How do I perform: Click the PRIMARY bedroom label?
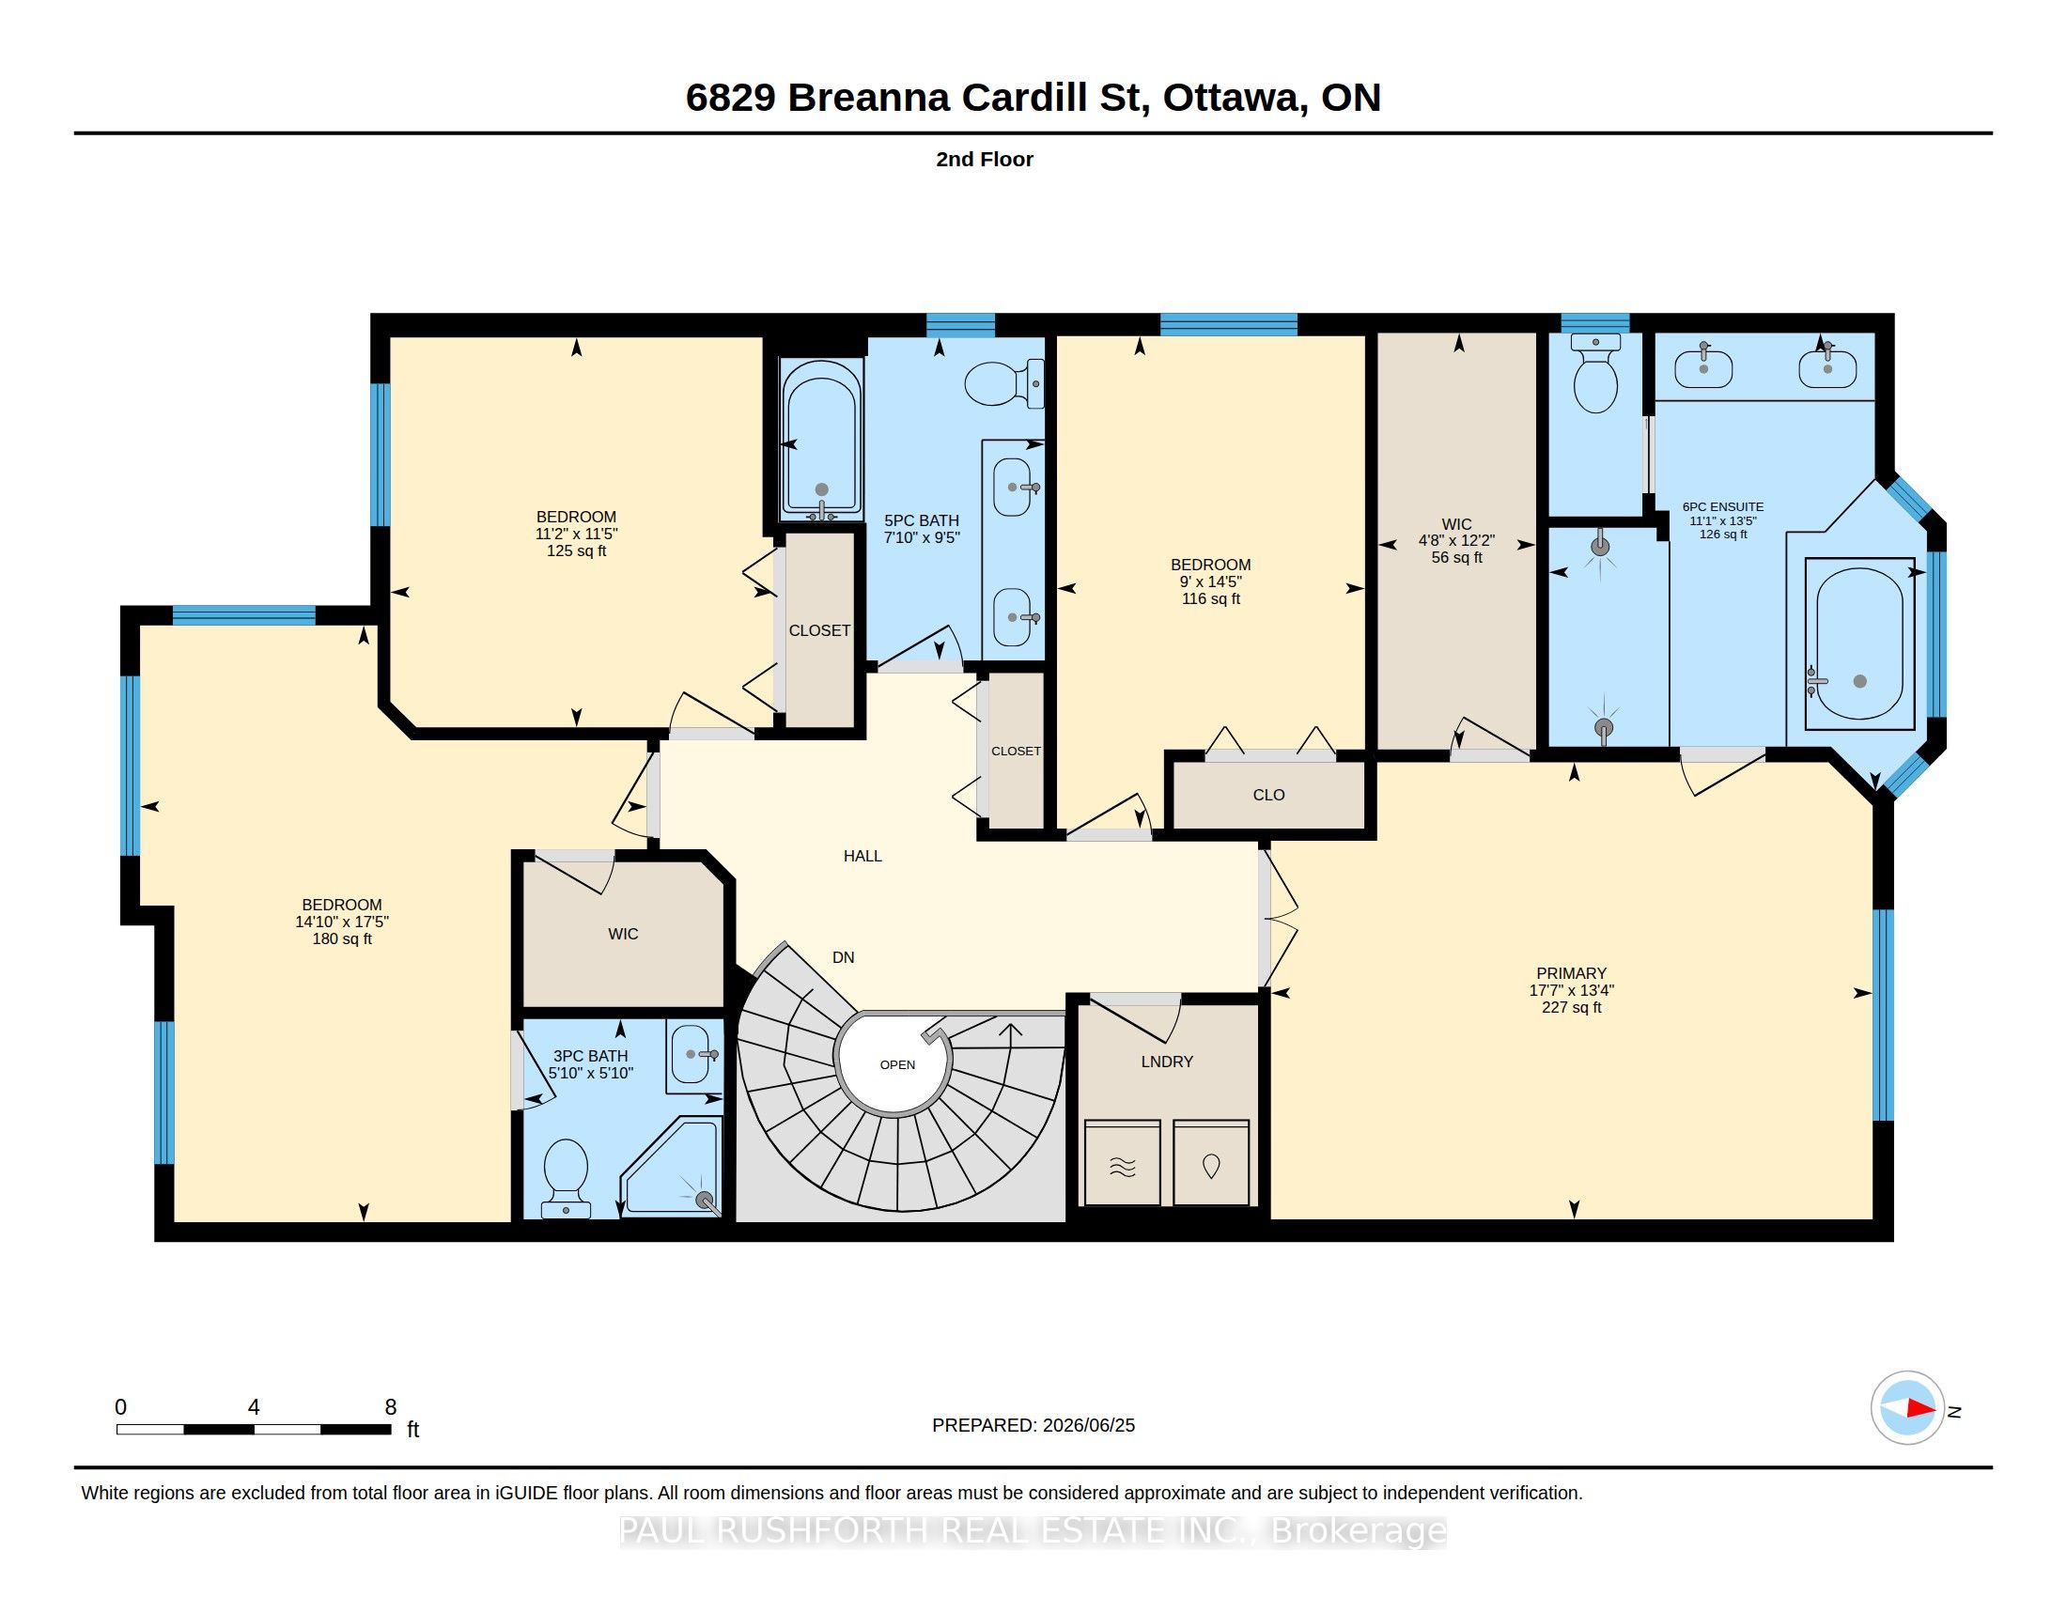(1571, 972)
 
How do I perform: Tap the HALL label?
(863, 855)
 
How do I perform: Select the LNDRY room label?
(1167, 1062)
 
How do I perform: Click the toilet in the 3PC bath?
(566, 1178)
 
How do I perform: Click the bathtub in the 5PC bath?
(820, 439)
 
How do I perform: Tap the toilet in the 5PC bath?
(1004, 383)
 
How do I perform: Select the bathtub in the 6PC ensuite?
(1858, 643)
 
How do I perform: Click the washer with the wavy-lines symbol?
(1123, 1163)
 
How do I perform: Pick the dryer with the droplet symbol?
(1210, 1163)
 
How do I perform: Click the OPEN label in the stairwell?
(897, 1064)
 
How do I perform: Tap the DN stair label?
(844, 957)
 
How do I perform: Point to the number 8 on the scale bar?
(390, 1407)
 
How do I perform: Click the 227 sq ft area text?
(1571, 1008)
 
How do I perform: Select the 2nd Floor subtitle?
(985, 159)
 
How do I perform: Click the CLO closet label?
(1268, 795)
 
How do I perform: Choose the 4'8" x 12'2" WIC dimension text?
(1456, 541)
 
